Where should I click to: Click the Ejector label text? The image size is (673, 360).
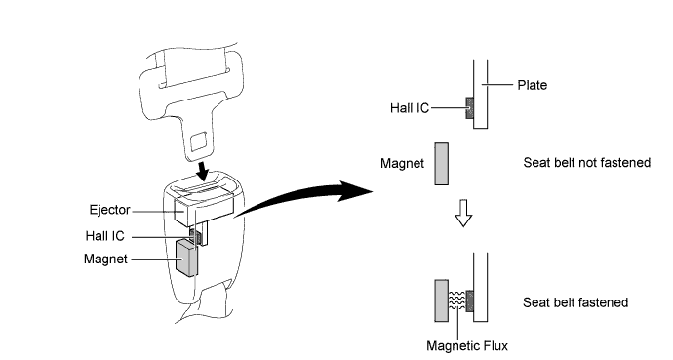coord(109,210)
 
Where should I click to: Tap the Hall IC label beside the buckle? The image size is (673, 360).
coord(104,236)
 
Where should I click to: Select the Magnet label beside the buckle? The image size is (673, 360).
coord(105,260)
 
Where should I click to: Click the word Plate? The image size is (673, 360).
coord(533,85)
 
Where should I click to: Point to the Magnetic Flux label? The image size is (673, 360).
coord(467,345)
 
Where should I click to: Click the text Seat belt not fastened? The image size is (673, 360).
coord(587,163)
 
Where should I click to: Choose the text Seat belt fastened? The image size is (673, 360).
coord(575,302)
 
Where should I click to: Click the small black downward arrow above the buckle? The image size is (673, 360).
coord(202,172)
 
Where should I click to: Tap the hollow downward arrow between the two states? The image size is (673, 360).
coord(463,213)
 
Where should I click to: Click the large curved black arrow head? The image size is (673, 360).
coord(354,191)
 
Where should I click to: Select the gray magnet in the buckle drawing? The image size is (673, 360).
coord(186,258)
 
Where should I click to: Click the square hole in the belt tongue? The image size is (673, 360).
coord(198,141)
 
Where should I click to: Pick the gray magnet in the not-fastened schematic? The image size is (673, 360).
coord(441,164)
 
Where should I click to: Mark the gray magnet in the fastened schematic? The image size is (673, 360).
coord(441,300)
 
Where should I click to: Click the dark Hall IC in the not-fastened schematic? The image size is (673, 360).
coord(469,107)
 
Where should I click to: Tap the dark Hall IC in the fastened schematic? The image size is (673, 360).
coord(469,300)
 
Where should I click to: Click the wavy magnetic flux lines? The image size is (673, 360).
coord(457,300)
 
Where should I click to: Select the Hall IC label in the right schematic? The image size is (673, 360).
coord(410,108)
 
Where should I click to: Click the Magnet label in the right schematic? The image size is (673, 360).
coord(402,164)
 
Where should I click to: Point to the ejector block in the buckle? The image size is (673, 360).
coord(204,210)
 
